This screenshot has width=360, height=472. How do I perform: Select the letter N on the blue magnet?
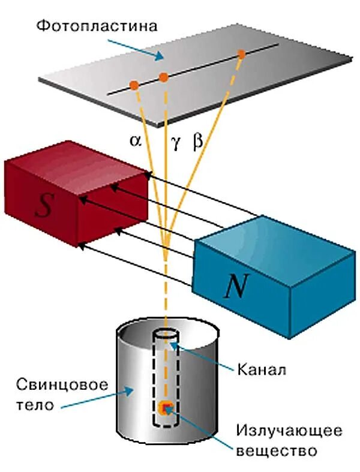point(236,287)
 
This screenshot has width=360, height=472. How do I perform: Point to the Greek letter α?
point(135,142)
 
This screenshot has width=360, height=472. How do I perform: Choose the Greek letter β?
point(198,142)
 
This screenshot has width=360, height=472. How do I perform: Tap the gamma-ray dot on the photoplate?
point(163,77)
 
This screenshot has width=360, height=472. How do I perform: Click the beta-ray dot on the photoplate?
point(241,55)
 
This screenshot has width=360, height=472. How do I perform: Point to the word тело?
point(36,405)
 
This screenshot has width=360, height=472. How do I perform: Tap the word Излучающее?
point(289,431)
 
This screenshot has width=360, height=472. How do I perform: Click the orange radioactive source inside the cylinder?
point(164,408)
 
